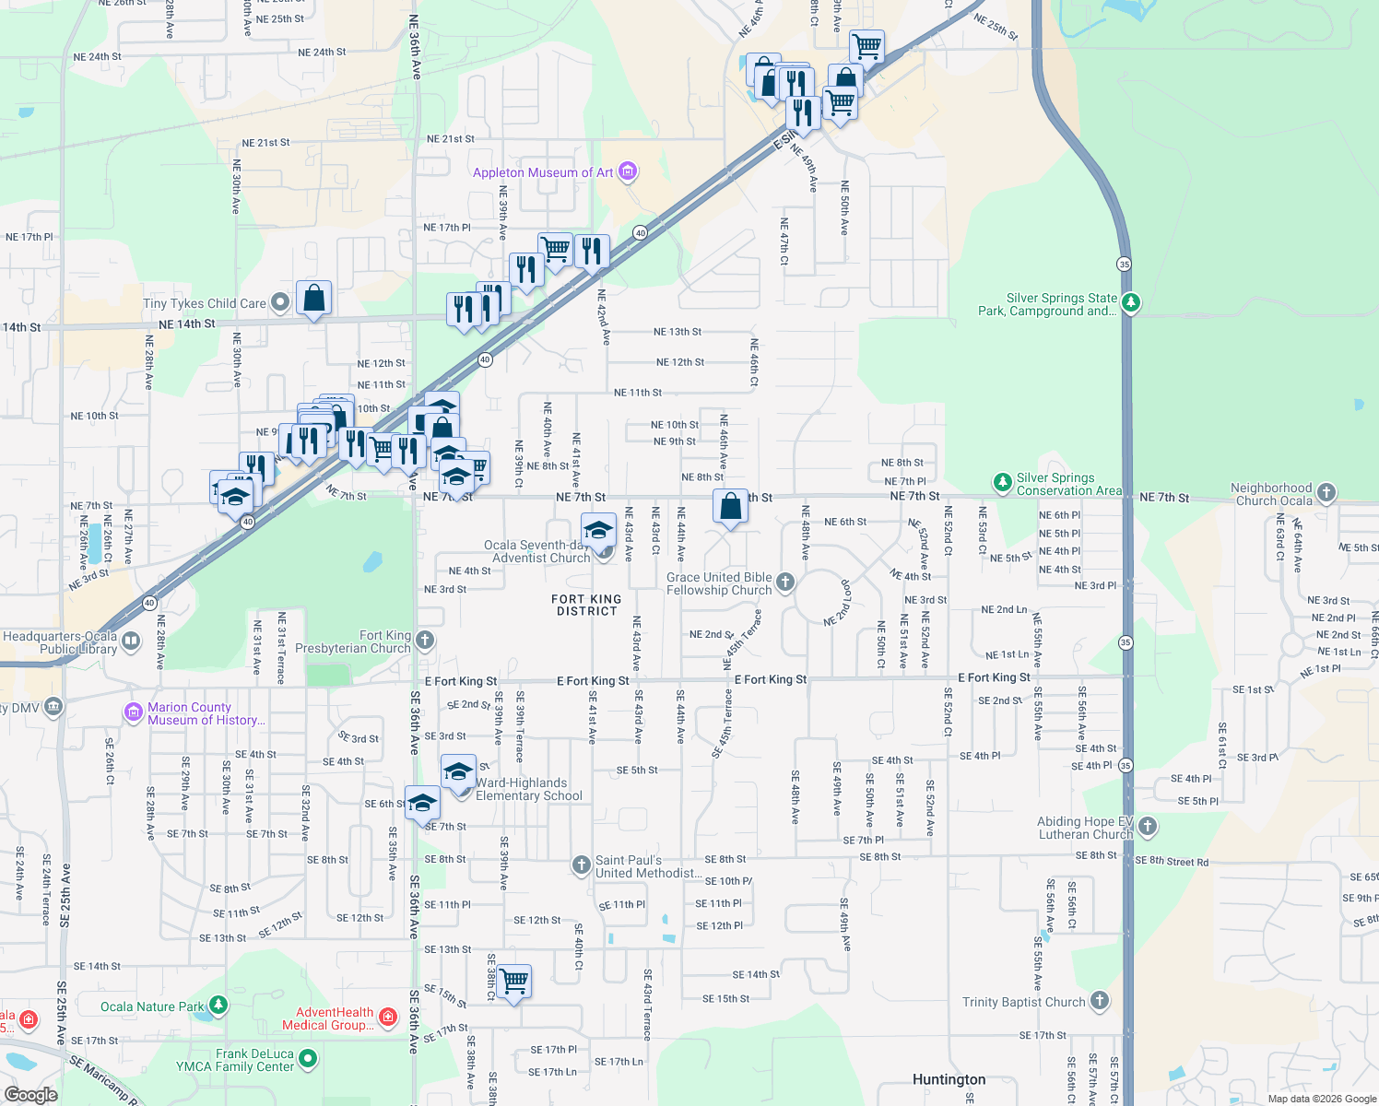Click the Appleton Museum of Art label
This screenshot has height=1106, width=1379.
[x=543, y=172]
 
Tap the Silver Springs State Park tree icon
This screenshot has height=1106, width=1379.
[x=1131, y=302]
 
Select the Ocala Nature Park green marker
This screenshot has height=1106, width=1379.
[x=218, y=1006]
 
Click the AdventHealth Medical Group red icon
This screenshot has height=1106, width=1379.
[x=388, y=1018]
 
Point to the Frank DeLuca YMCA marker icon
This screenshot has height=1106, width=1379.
[x=308, y=1059]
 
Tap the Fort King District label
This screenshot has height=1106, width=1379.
[x=586, y=605]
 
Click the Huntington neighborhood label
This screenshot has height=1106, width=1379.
[x=949, y=1079]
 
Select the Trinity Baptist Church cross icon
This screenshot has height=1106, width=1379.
[x=1099, y=1001]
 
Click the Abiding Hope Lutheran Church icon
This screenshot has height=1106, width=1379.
[x=1147, y=827]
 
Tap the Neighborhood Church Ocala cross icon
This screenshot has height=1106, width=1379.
[x=1326, y=493]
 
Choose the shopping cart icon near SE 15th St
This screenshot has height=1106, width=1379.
[x=513, y=982]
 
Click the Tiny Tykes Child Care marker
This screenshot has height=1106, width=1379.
[x=280, y=302]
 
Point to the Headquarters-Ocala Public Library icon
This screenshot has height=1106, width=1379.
[x=131, y=641]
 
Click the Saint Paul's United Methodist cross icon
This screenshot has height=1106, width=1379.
[x=581, y=865]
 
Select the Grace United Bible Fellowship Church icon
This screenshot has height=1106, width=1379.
[x=784, y=582]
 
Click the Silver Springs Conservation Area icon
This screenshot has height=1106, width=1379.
[x=1002, y=483]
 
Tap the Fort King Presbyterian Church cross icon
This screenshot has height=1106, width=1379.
[x=424, y=640]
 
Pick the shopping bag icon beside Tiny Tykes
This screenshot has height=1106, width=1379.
[x=313, y=299]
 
